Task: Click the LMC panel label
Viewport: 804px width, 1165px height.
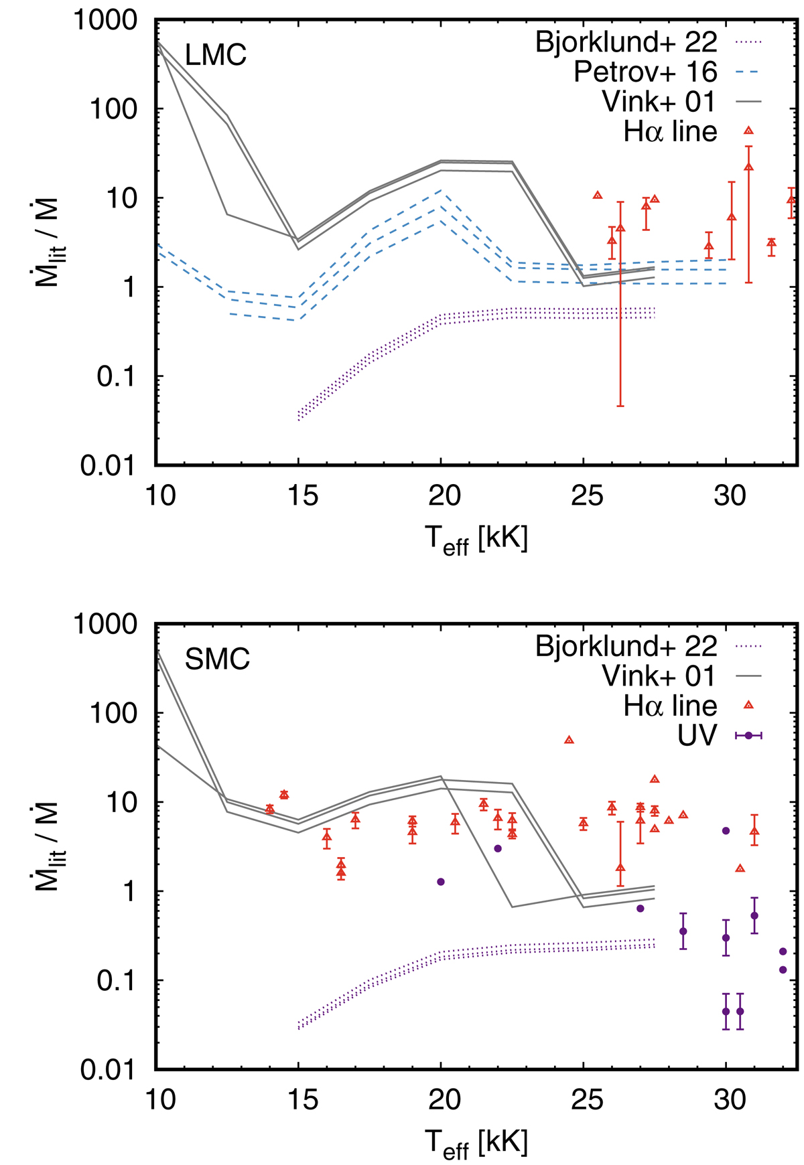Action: [216, 55]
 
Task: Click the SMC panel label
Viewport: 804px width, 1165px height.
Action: [217, 659]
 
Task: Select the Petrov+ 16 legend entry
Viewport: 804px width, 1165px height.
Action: [645, 72]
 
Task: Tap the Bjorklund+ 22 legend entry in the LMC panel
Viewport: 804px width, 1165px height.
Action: [626, 42]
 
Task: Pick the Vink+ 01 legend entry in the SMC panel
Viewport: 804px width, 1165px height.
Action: [659, 676]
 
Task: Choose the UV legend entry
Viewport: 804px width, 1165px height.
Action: [697, 735]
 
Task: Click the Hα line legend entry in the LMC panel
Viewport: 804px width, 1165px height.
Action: [670, 131]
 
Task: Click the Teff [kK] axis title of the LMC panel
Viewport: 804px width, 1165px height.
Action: [476, 539]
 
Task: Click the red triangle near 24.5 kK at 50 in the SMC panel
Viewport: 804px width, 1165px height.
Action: [569, 740]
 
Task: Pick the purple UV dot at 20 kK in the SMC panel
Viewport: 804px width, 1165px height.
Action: [441, 882]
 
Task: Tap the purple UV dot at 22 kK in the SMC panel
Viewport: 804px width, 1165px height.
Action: [498, 848]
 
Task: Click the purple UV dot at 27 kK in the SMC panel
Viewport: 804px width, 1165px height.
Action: [640, 909]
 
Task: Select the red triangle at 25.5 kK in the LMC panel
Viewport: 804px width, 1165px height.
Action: [598, 195]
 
